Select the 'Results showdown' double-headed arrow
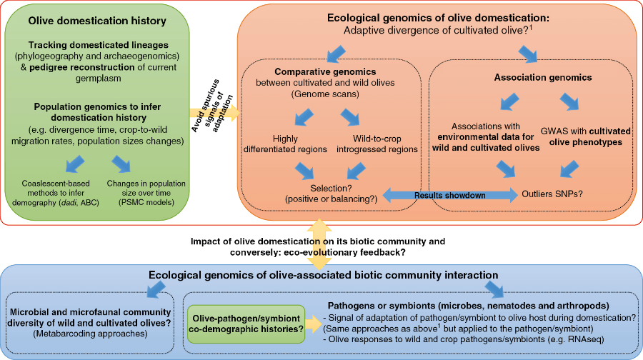450,194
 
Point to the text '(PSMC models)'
151,204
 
